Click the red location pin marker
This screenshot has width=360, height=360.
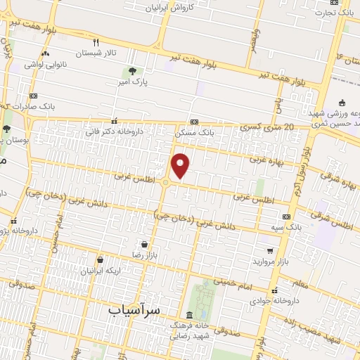point(181,166)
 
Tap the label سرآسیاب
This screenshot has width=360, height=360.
point(136,309)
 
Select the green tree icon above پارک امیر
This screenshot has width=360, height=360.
point(132,71)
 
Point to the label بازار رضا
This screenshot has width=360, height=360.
point(144,255)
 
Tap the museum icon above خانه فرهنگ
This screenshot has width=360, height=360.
point(188,315)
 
